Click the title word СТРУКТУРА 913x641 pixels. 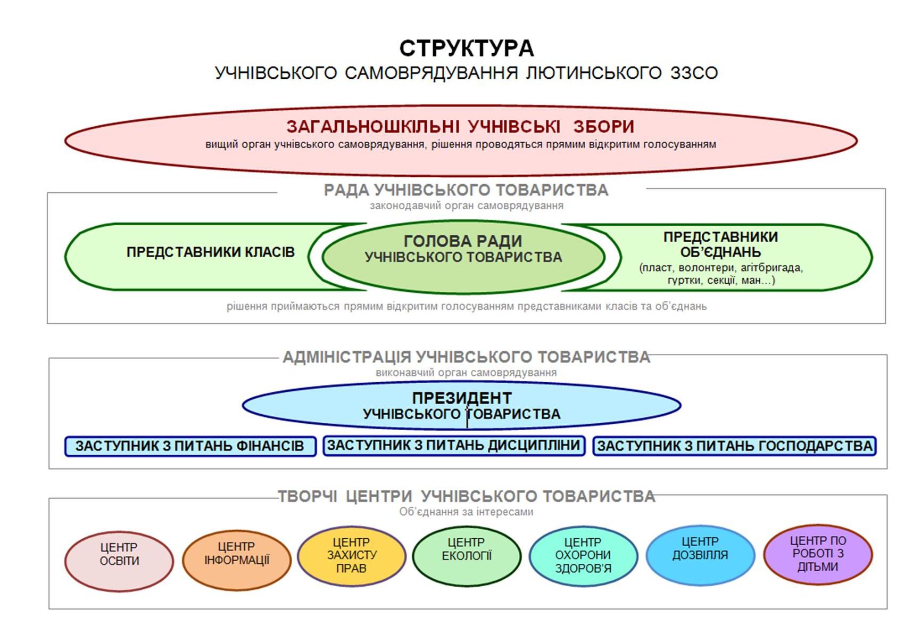tap(467, 48)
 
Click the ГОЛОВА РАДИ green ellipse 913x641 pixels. tap(463, 257)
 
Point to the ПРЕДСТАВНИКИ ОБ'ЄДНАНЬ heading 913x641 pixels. tap(720, 244)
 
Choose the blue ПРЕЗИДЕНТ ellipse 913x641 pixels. tap(461, 405)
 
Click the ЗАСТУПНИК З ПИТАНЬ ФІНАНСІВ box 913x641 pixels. tap(190, 446)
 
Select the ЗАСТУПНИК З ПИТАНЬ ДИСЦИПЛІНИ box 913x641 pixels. tap(454, 446)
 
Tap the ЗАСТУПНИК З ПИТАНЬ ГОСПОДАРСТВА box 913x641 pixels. tap(735, 446)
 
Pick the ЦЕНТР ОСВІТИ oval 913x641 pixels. tap(119, 561)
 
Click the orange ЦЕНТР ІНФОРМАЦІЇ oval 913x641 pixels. tap(237, 560)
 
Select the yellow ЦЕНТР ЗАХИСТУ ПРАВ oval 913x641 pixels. tap(352, 556)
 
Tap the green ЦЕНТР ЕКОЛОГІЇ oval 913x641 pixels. tap(467, 556)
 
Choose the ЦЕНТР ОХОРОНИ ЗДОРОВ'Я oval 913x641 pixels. tap(583, 556)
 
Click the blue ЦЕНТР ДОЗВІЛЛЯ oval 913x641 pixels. tap(700, 555)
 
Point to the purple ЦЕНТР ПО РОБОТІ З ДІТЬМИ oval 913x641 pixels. tap(818, 554)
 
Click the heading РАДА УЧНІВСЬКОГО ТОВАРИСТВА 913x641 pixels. tap(466, 190)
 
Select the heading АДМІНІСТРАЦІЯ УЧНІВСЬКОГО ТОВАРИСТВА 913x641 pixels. tap(467, 357)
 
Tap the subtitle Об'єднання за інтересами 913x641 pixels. tap(466, 512)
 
